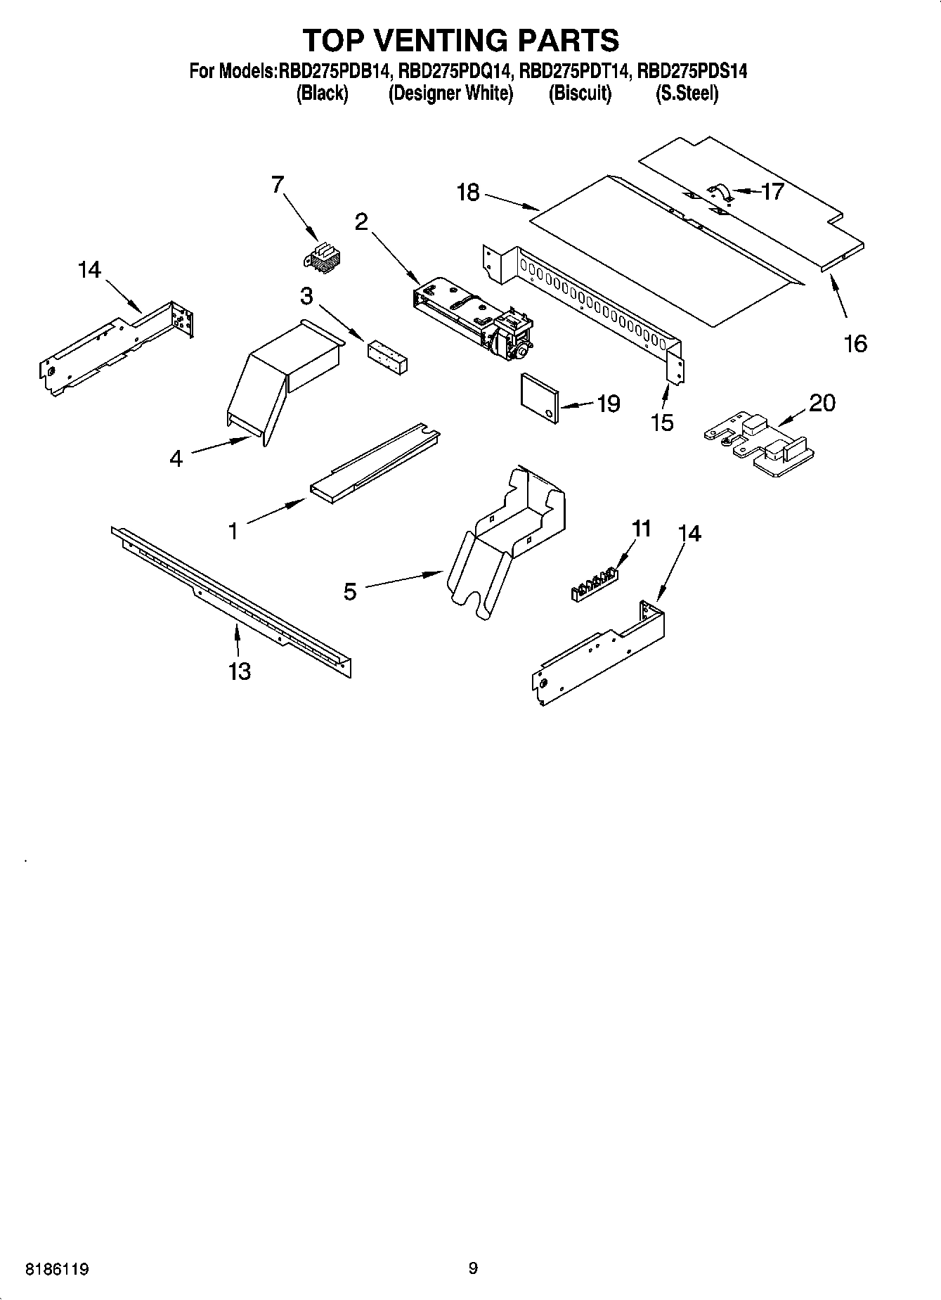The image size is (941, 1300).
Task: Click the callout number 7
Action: coord(278,185)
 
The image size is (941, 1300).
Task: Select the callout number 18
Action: coord(468,192)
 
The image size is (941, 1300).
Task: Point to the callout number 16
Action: coord(855,343)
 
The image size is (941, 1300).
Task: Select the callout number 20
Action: coord(822,403)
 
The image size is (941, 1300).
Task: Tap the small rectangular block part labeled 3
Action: coord(387,356)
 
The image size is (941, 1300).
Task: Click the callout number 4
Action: coord(176,458)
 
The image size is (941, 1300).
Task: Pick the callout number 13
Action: coord(240,671)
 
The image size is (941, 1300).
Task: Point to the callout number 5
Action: coord(350,591)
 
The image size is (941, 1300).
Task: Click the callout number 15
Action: coord(662,422)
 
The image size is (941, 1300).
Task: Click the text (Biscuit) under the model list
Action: coord(580,93)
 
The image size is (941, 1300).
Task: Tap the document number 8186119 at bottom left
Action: coord(57,1270)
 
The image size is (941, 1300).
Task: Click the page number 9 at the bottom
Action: coord(473,1268)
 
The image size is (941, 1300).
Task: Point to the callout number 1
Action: coord(233,530)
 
